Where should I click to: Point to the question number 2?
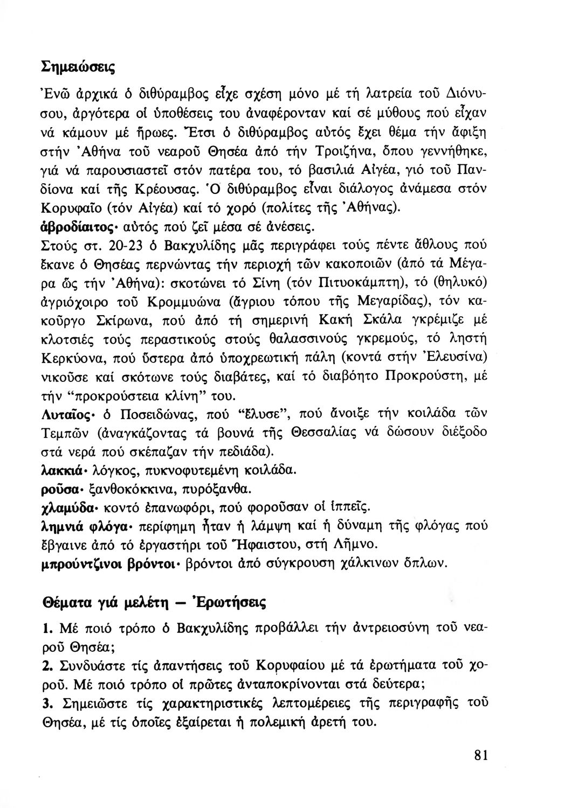(46, 665)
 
